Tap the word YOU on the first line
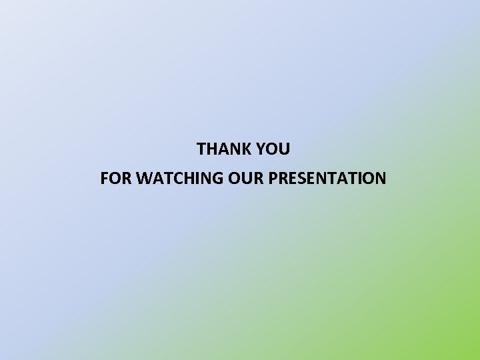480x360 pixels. (274, 149)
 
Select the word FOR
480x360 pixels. (113, 179)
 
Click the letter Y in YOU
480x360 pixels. (261, 149)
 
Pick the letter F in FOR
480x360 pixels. (104, 179)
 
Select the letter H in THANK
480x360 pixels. (212, 149)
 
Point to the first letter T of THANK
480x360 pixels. (201, 149)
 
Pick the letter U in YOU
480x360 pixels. (284, 149)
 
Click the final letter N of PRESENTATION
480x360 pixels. (380, 179)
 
